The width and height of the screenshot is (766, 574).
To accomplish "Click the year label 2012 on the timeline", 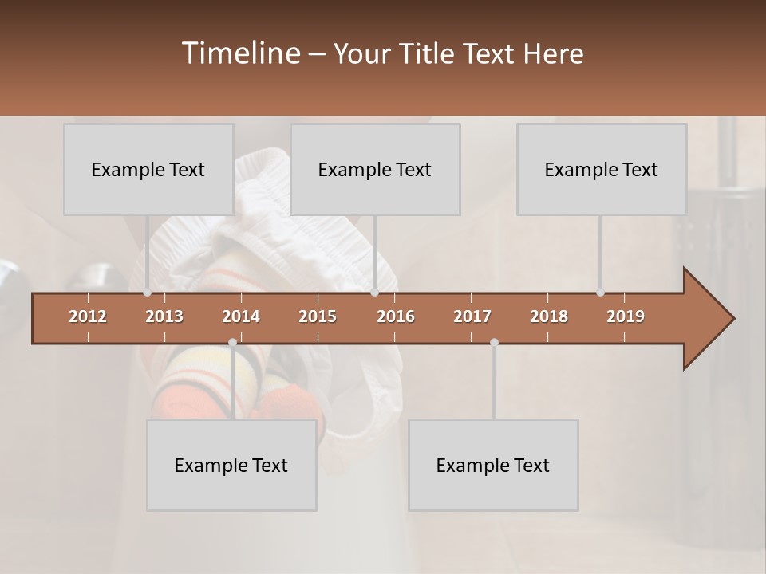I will click(88, 316).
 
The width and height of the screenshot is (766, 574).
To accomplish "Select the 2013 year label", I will click(164, 316).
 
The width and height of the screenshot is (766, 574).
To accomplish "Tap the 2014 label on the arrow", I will click(241, 316).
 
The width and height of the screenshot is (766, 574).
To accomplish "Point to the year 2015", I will click(318, 316).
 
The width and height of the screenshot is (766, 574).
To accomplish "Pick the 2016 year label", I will click(396, 316).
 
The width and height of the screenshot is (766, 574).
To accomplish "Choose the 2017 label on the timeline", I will click(472, 316).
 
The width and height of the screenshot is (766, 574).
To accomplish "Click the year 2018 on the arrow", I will click(549, 316).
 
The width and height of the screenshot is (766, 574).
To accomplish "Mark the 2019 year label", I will click(626, 316).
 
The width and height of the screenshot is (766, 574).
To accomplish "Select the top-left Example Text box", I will click(148, 169).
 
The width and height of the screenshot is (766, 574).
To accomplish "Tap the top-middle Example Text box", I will click(375, 169).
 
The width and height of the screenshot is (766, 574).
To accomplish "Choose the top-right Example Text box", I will click(602, 169).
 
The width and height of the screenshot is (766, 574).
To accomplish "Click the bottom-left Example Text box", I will click(231, 465).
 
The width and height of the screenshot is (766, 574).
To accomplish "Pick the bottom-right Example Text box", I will click(493, 465).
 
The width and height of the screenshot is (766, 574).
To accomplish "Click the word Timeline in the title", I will click(239, 53).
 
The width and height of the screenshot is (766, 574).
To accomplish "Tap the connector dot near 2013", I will click(148, 293).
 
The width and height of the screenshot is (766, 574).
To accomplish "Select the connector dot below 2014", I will click(232, 343).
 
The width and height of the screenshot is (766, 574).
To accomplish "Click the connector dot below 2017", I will click(494, 343).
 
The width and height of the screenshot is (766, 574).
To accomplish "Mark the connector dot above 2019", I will click(600, 293).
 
